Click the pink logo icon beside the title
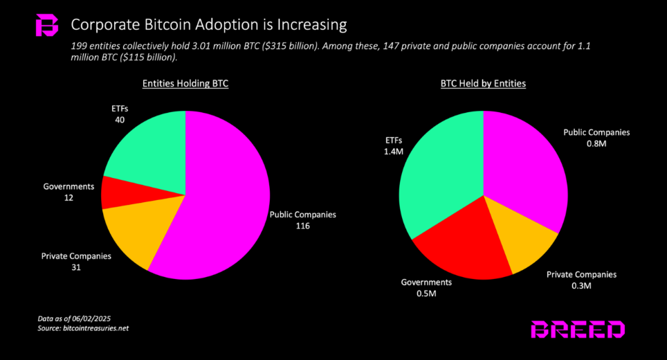click(47, 26)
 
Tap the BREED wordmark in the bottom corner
click(578, 330)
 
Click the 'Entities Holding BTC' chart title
click(185, 84)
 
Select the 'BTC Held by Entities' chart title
click(483, 84)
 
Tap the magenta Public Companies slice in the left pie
click(221, 201)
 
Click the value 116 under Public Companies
click(302, 226)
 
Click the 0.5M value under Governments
click(426, 294)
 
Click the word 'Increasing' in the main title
click(309, 26)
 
